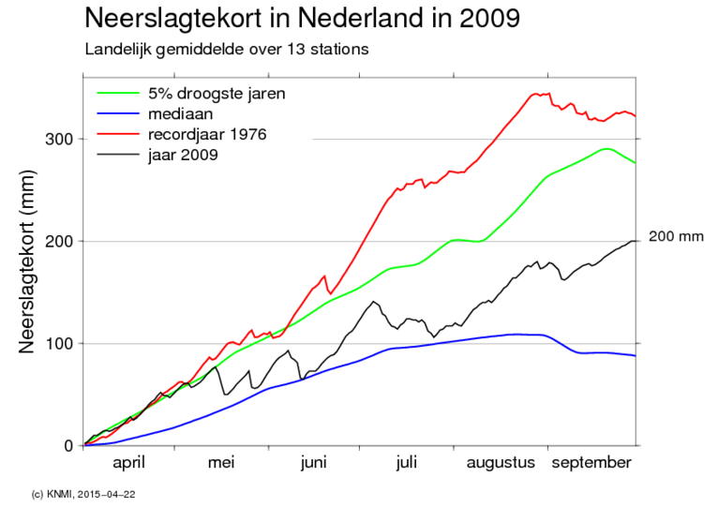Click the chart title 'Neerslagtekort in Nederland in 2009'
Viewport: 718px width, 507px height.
pos(301,18)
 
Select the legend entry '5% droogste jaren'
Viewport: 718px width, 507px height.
pos(216,94)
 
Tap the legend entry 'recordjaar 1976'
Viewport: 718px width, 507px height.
pos(206,135)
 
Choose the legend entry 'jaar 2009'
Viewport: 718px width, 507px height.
pos(183,155)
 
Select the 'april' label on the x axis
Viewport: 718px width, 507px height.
pos(130,463)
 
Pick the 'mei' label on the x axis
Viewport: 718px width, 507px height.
pos(221,463)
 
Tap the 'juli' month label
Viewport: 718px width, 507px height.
pos(406,463)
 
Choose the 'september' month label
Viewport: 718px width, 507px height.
pos(591,463)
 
